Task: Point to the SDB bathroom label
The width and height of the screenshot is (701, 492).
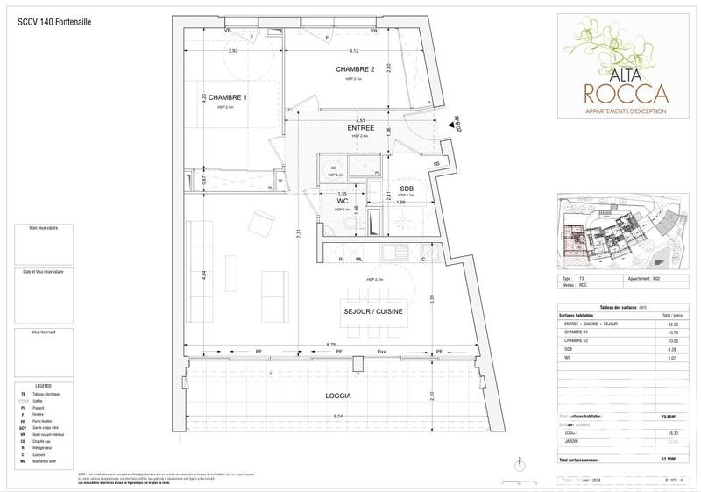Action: (407, 189)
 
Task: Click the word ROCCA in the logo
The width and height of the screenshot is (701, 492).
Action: (626, 93)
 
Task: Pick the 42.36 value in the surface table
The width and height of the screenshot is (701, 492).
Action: (672, 324)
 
